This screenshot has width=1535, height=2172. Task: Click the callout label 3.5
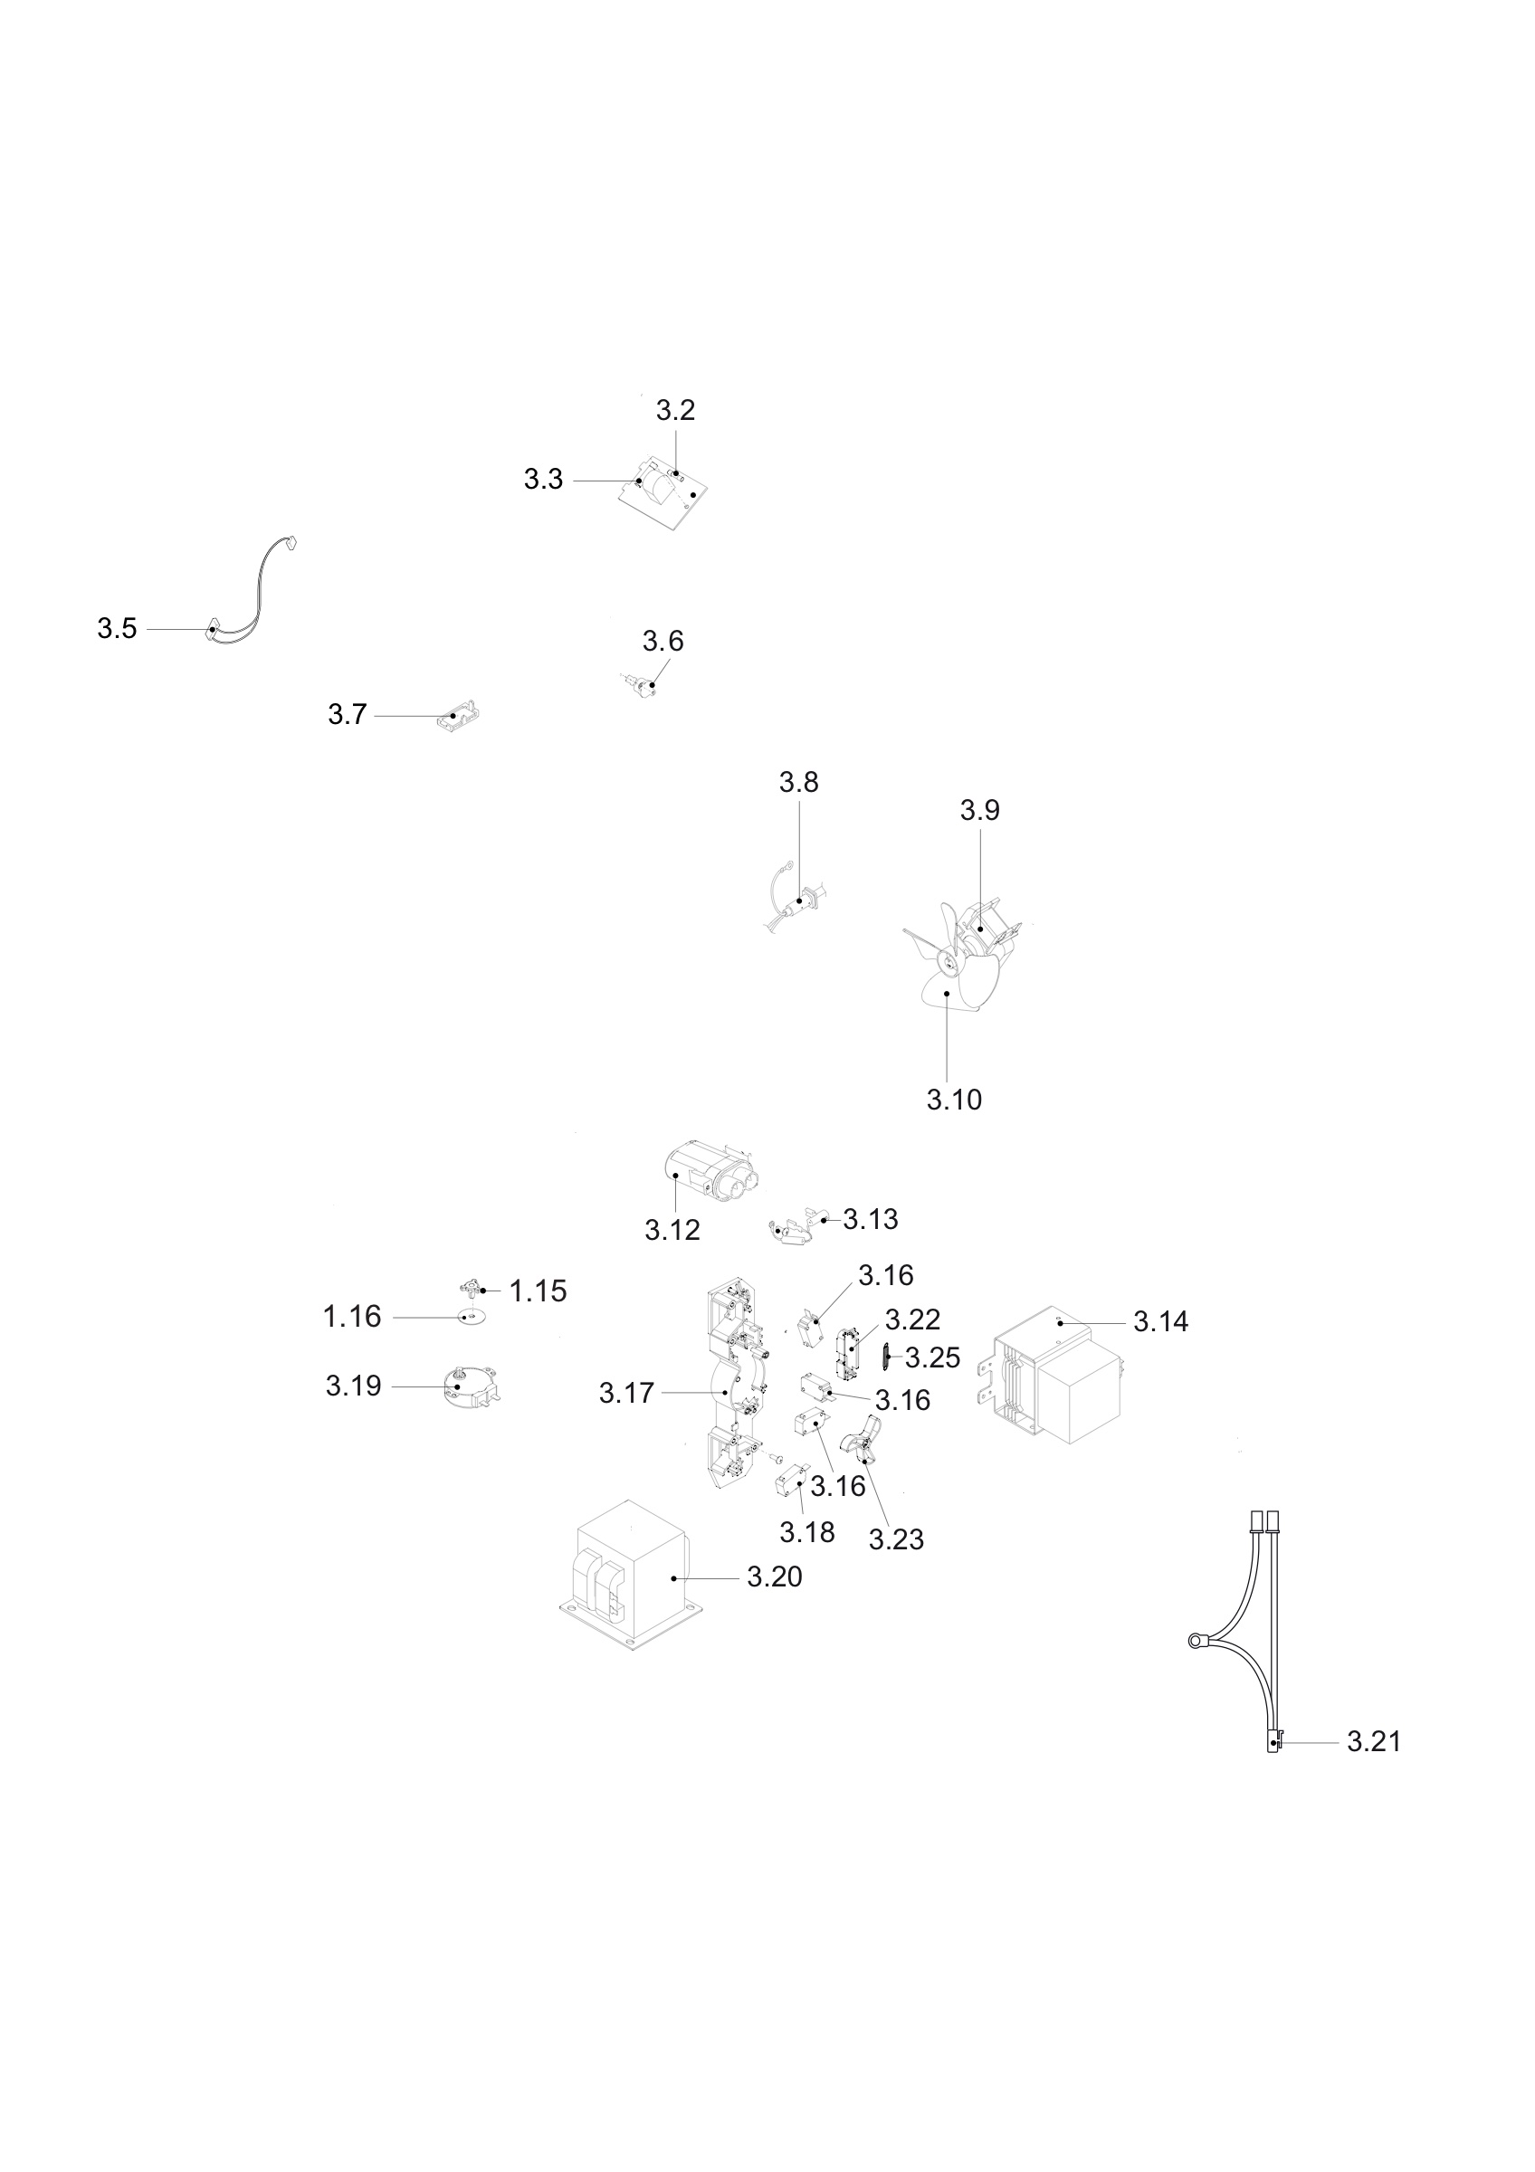[118, 628]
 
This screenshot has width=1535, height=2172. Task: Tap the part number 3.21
[1373, 1740]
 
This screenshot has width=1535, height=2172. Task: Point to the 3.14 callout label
[1160, 1321]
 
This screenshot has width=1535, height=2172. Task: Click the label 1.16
[352, 1316]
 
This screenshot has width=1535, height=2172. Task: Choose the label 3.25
[932, 1357]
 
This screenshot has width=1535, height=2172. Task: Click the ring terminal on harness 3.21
[1199, 1638]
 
